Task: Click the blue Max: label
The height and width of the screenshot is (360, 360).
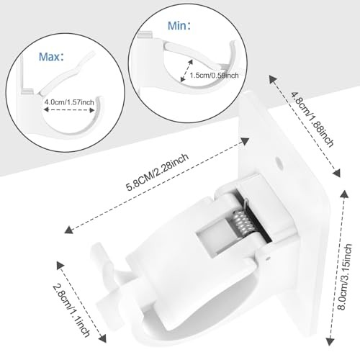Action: point(51,57)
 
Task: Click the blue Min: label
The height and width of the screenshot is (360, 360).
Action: point(179,26)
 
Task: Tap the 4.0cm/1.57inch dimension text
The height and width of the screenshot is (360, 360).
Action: point(69,102)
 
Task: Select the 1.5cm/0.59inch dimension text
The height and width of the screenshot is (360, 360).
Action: point(215,76)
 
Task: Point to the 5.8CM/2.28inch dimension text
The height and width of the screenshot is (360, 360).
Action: point(158,172)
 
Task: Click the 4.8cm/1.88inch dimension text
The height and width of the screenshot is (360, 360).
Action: point(312,119)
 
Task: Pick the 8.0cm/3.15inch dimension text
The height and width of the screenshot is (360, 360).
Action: point(345,276)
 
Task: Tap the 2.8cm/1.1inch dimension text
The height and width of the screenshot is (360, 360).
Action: point(71,310)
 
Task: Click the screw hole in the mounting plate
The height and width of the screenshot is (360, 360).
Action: point(279,163)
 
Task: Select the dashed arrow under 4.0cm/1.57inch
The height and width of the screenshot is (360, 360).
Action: point(69,110)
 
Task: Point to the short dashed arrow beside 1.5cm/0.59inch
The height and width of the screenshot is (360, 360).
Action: point(186,70)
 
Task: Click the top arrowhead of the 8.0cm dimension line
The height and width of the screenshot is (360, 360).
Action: point(345,194)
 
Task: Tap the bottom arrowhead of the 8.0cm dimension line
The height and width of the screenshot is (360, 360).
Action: point(330,341)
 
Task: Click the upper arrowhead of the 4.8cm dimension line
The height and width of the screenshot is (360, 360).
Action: point(273,79)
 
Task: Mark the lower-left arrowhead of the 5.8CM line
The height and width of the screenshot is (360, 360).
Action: point(69,230)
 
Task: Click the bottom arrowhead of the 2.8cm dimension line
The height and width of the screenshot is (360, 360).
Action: point(102,338)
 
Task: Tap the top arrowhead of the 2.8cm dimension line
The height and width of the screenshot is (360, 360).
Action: point(60,266)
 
